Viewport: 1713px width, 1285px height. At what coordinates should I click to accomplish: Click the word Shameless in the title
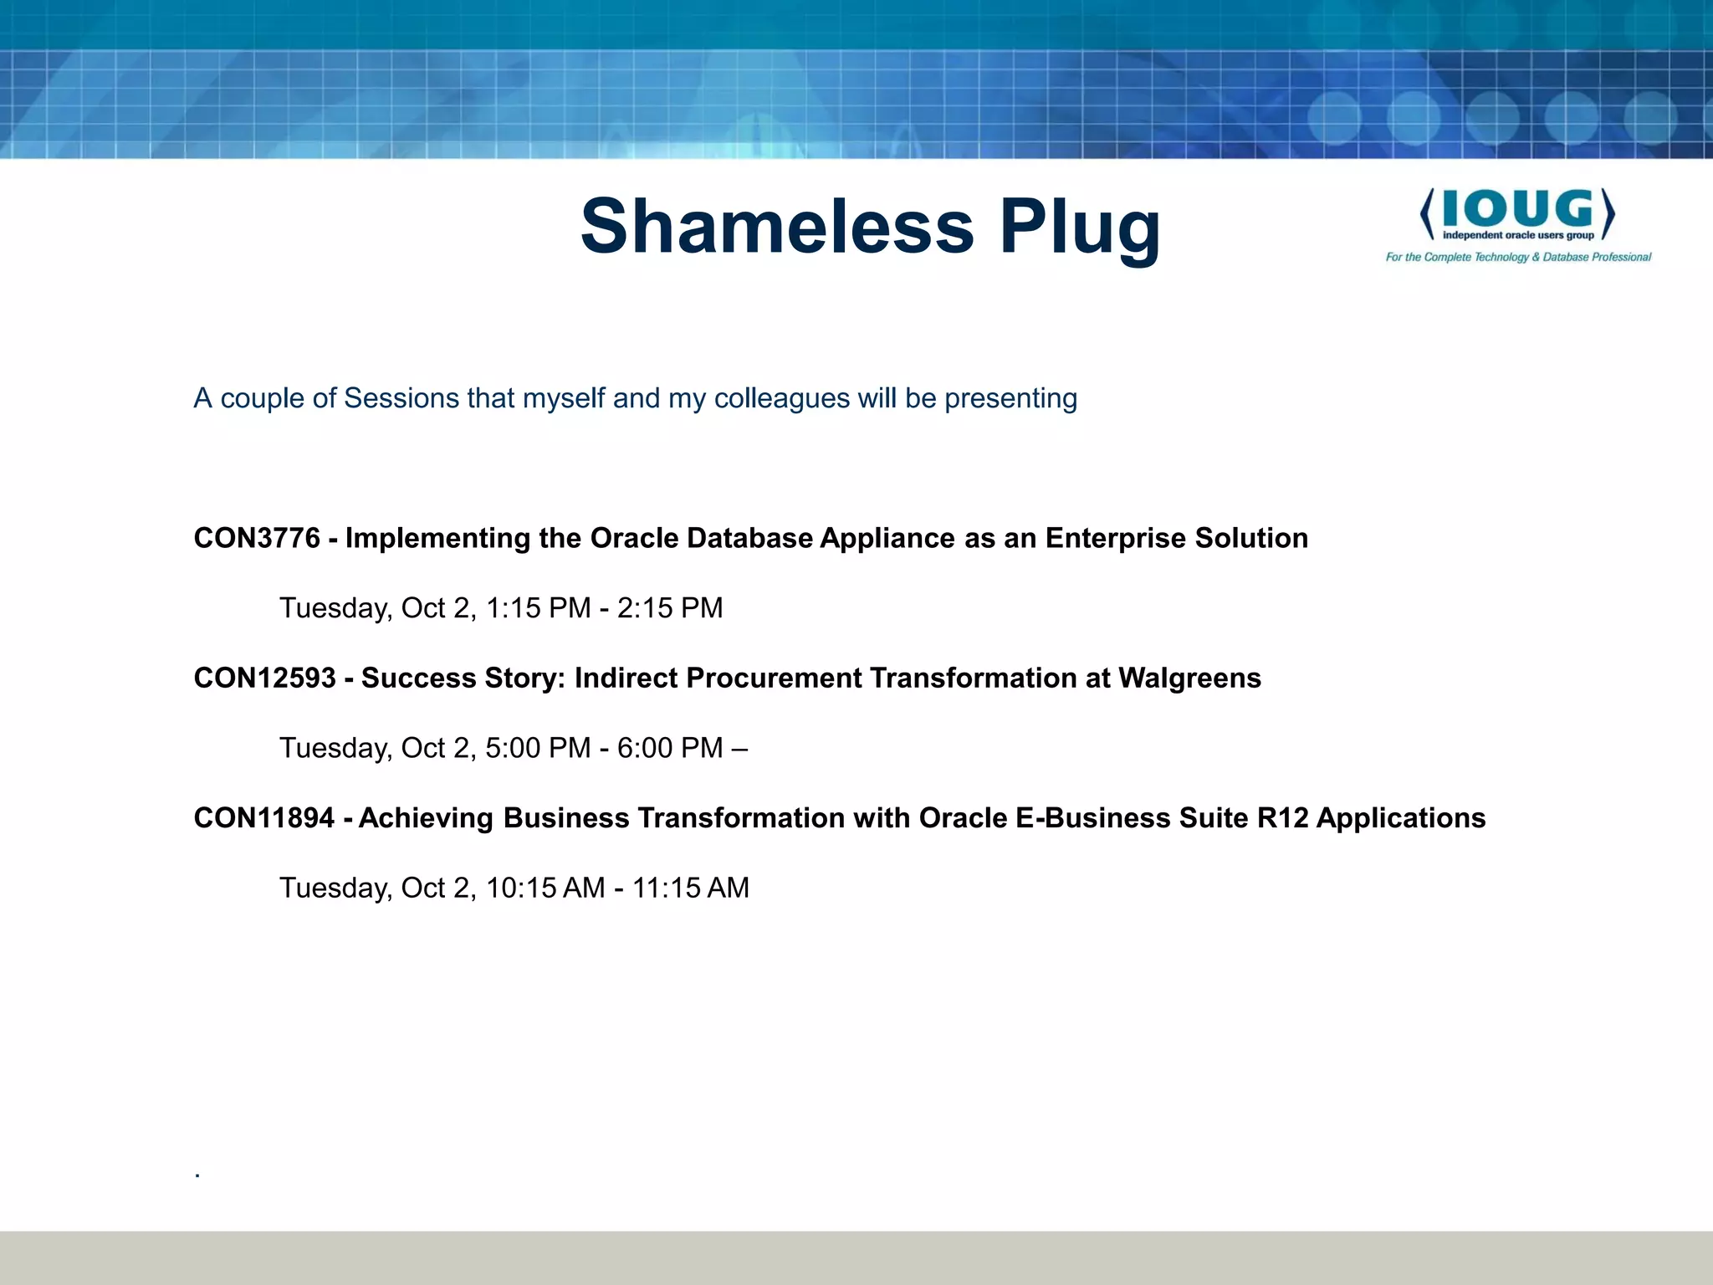[x=777, y=226]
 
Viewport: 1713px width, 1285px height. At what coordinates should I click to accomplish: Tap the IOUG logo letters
[x=1517, y=208]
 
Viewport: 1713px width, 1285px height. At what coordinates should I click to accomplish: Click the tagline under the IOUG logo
[x=1518, y=257]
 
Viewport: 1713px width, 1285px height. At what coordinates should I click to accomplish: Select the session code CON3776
[x=257, y=538]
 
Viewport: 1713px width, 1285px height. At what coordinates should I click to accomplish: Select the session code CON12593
[x=264, y=678]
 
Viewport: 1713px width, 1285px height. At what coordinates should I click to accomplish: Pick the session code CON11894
[x=264, y=817]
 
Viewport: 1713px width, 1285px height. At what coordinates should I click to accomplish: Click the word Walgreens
[x=1189, y=678]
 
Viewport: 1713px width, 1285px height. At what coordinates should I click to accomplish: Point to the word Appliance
[x=887, y=538]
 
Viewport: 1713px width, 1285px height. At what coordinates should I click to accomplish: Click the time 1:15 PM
[x=538, y=608]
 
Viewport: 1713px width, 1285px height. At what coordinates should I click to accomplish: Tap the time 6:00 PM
[x=670, y=748]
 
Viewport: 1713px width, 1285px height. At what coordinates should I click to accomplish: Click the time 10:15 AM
[x=545, y=888]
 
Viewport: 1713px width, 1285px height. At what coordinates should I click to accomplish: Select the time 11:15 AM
[x=690, y=888]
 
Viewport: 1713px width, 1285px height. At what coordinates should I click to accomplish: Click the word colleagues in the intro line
[x=781, y=398]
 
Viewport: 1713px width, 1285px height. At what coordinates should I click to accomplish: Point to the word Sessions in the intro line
[x=401, y=398]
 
